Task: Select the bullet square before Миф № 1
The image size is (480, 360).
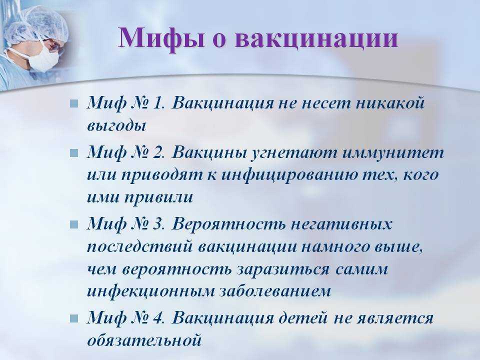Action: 74,103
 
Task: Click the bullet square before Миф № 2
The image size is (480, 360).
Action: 74,153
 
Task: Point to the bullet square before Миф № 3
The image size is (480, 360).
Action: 74,224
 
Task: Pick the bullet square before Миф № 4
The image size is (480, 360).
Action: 74,318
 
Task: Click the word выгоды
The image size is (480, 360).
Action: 116,126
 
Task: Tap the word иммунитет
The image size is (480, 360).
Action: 393,152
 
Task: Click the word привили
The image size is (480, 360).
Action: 158,198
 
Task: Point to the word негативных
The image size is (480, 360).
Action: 341,224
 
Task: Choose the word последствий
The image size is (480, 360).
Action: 140,246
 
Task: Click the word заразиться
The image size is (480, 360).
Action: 283,269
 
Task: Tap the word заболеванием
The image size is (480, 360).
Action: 275,291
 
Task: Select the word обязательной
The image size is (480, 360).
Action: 144,340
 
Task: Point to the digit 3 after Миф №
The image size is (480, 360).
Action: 157,224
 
